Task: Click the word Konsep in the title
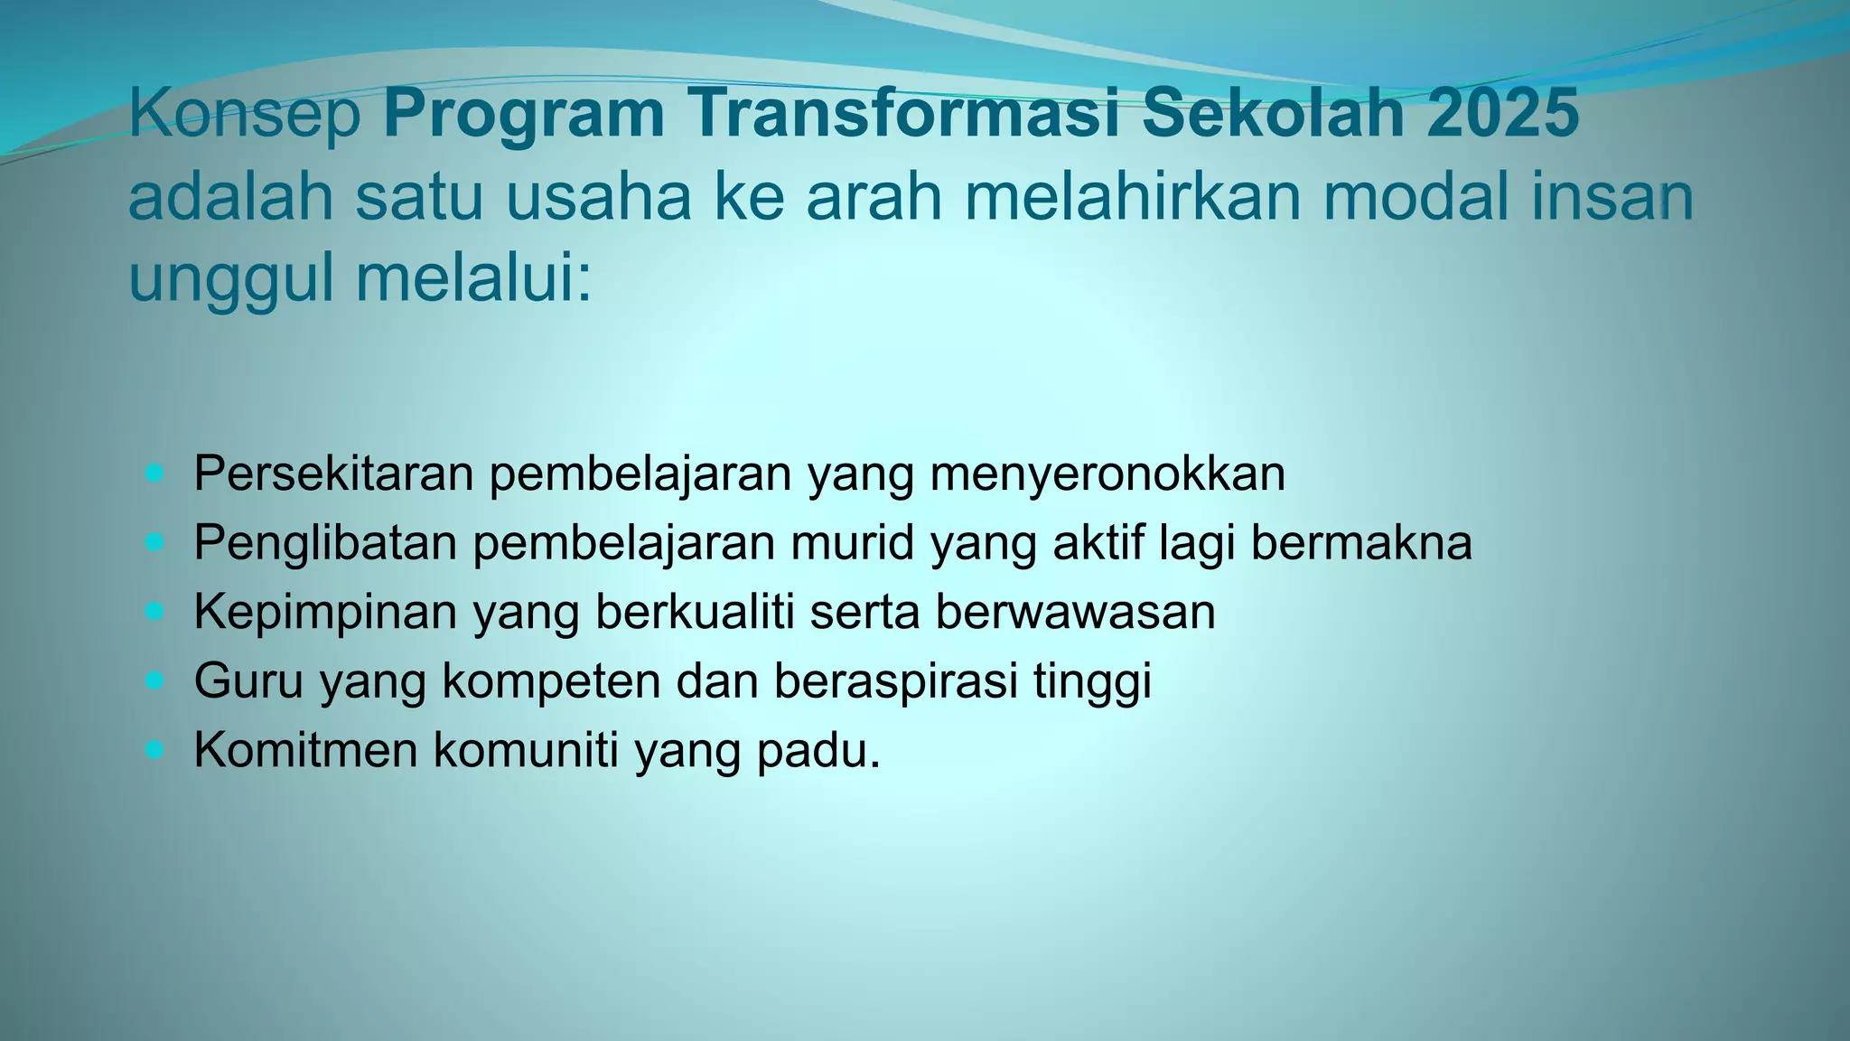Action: [x=245, y=115]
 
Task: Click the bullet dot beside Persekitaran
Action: [x=155, y=473]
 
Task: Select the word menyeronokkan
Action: [x=1107, y=474]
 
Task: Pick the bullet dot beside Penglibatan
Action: [x=155, y=542]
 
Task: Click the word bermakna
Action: [x=1361, y=542]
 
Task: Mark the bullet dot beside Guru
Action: [x=155, y=680]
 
